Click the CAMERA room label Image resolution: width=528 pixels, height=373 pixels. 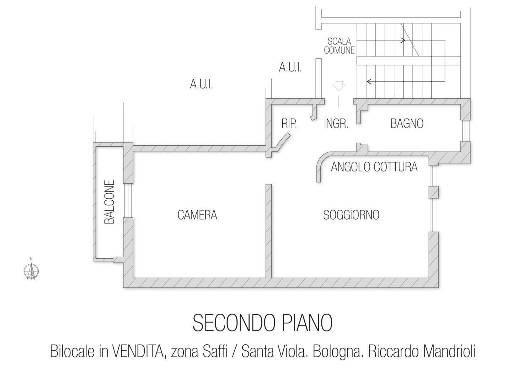[197, 215]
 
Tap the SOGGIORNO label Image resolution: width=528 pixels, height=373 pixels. [351, 215]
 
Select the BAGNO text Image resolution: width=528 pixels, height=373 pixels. [407, 124]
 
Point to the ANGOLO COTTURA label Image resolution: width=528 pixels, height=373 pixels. [374, 167]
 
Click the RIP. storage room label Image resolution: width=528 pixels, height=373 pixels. [289, 124]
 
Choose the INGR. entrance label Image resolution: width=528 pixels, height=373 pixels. [336, 124]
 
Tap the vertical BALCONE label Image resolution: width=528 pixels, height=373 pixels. [110, 202]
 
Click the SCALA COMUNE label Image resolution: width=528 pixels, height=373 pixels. [339, 46]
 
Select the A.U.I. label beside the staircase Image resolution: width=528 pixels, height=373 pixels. [290, 67]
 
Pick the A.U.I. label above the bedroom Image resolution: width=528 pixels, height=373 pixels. [201, 85]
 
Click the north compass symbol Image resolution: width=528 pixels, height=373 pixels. [31, 271]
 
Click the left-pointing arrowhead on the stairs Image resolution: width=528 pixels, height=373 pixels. [369, 82]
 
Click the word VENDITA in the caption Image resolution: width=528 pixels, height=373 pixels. [138, 352]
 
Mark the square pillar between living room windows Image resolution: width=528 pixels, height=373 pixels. [433, 192]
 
